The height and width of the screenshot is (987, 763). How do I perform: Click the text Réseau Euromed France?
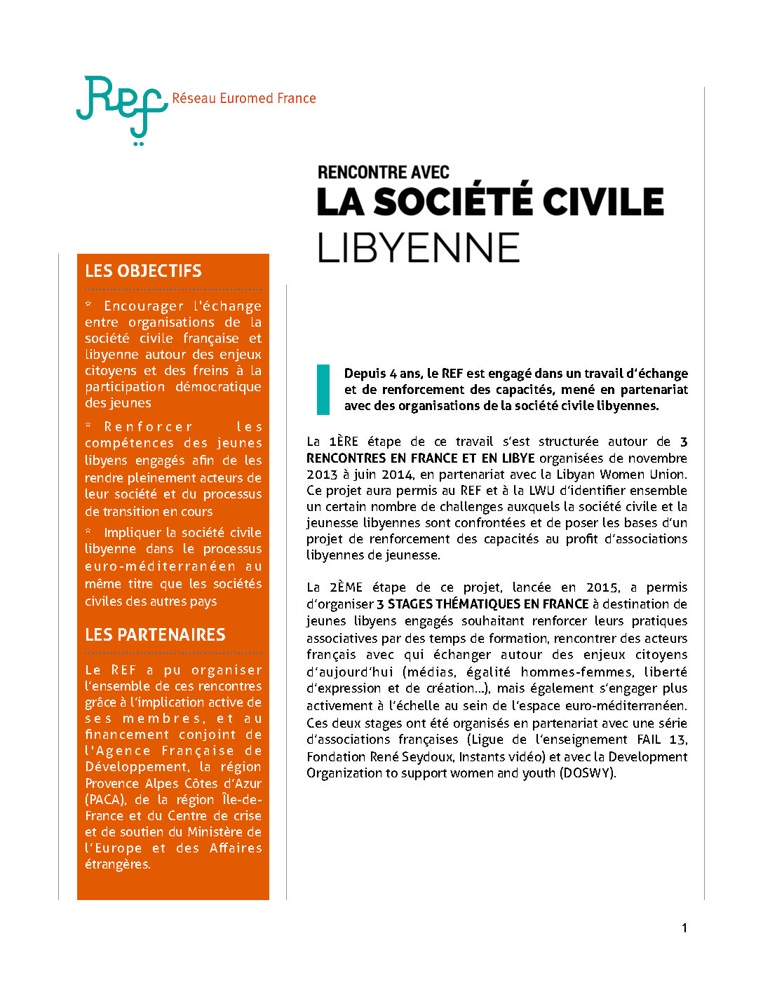coord(244,99)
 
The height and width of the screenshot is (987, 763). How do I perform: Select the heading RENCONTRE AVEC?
coord(383,172)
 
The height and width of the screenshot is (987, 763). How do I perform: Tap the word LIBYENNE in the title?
coord(418,248)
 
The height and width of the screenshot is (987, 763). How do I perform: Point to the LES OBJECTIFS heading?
coord(143,271)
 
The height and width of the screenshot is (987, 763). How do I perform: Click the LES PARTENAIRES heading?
coord(155,635)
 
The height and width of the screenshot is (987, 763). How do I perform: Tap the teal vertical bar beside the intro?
coord(323,389)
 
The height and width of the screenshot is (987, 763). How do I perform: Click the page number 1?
coord(684,928)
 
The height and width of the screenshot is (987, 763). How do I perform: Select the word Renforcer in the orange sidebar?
coord(148,427)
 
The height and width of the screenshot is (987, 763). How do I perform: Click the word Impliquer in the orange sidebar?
coord(133,533)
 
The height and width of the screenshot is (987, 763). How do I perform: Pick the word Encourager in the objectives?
coord(144,306)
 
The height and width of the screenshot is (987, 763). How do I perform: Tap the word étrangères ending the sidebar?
coord(117,864)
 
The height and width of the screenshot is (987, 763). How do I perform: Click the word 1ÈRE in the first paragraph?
coord(344,442)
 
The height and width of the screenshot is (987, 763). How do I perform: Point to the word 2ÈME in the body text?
coord(346,587)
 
